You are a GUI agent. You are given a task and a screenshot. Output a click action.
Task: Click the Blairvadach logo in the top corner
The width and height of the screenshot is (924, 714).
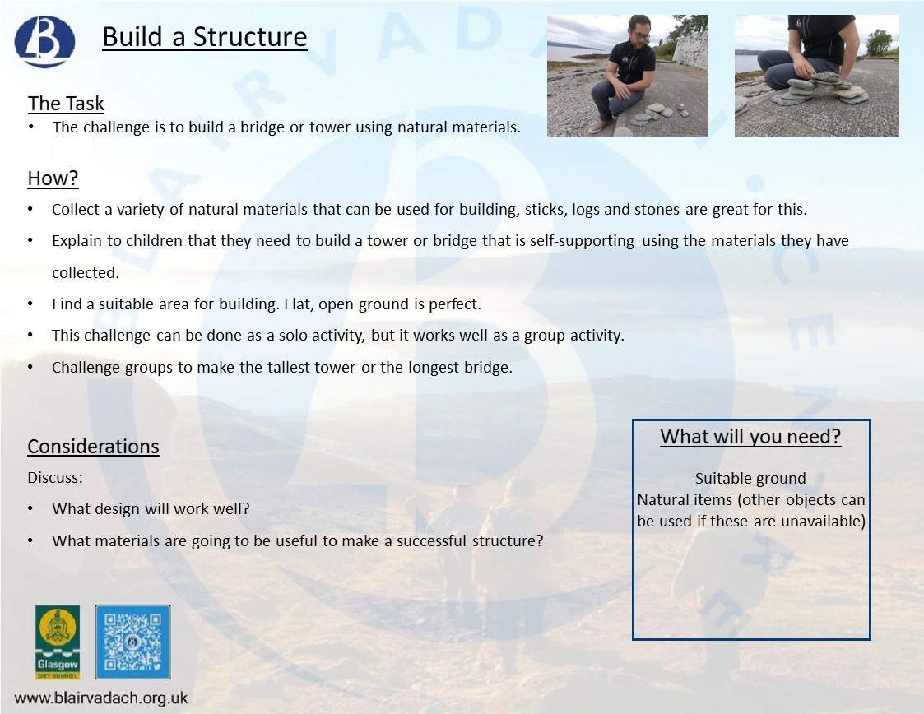pyautogui.click(x=44, y=42)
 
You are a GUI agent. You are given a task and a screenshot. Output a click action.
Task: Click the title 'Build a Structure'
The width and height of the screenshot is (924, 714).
pyautogui.click(x=204, y=37)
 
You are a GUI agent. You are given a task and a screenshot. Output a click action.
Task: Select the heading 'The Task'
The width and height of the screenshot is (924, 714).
pyautogui.click(x=66, y=104)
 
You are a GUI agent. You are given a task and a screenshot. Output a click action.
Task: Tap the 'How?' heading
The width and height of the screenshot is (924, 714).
pyautogui.click(x=53, y=178)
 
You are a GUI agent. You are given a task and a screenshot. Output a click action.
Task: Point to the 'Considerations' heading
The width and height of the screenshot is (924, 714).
pyautogui.click(x=93, y=447)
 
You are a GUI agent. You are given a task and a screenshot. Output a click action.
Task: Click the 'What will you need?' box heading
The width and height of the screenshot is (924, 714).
pyautogui.click(x=750, y=437)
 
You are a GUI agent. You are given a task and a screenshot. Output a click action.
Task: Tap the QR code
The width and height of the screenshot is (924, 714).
pyautogui.click(x=133, y=642)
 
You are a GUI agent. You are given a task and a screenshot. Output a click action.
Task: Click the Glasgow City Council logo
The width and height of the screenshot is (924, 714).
pyautogui.click(x=58, y=642)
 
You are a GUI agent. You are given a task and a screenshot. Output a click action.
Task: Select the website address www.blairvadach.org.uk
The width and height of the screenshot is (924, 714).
pyautogui.click(x=101, y=698)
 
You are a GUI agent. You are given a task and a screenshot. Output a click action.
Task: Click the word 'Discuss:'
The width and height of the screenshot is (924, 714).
pyautogui.click(x=55, y=478)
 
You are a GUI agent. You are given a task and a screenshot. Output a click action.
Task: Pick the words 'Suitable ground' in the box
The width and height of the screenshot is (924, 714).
pyautogui.click(x=750, y=479)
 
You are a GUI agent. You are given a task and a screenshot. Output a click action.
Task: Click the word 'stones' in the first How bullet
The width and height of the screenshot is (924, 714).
pyautogui.click(x=657, y=210)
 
